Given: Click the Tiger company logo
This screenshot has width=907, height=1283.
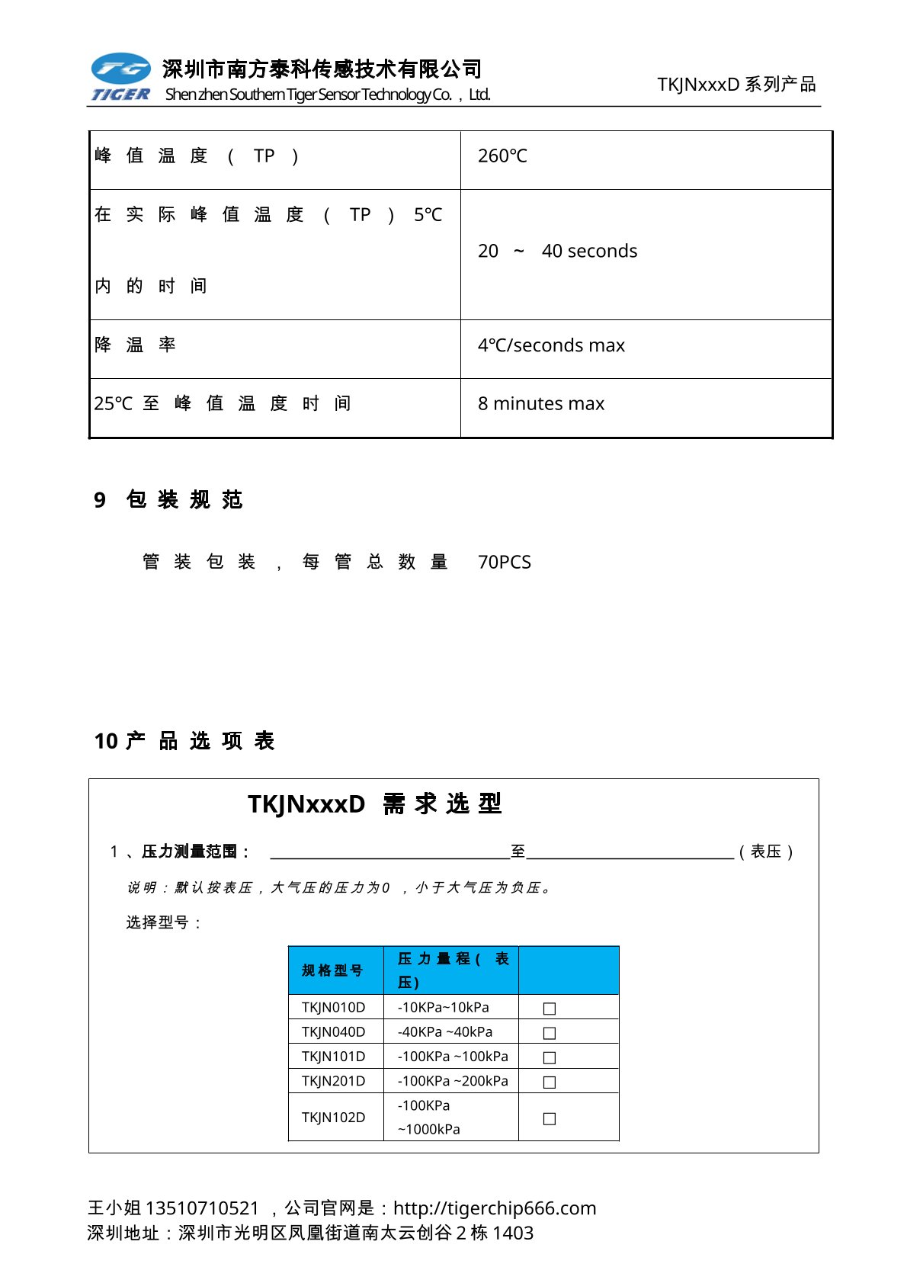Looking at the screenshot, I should (x=120, y=77).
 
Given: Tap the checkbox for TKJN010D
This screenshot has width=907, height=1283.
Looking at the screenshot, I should (x=549, y=1009).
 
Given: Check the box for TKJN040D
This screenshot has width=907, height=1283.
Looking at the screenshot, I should (x=549, y=1033).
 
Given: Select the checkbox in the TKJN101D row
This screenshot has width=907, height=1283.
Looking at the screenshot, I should (x=549, y=1057).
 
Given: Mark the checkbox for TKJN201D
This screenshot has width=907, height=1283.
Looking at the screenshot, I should (x=549, y=1082).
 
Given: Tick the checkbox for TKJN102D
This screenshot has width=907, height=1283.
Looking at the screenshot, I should (x=549, y=1118).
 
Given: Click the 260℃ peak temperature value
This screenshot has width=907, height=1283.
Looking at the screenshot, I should (x=502, y=156).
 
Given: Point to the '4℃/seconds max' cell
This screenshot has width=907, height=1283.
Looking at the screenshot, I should (x=551, y=345).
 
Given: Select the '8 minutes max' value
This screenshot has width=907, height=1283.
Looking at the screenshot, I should (x=541, y=403).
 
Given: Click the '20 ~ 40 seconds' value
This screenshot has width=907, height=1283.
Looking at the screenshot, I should (x=557, y=251).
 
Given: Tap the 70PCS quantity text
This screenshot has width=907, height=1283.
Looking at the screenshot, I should (x=504, y=562).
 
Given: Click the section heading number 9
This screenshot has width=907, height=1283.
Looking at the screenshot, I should (x=100, y=500).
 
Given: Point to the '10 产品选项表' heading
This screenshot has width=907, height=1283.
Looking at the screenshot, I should (x=184, y=741).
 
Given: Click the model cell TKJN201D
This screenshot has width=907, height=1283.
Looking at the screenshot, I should (x=333, y=1081).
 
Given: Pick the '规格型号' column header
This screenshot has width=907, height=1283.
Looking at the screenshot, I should (x=332, y=970).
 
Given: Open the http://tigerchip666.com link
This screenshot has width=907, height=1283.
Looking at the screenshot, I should (x=495, y=1208).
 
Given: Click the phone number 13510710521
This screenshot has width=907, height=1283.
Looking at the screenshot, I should (x=202, y=1208).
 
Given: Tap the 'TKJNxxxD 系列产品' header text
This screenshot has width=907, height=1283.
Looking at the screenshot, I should (x=736, y=85).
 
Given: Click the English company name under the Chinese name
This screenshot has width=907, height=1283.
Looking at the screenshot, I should (x=328, y=95).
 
